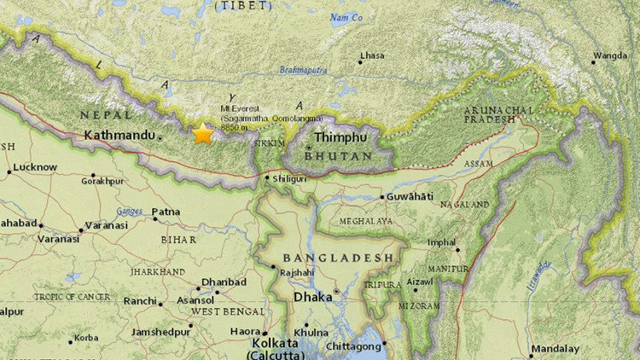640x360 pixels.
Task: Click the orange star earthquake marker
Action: (x=203, y=134)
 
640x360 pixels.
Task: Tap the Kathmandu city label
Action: (x=119, y=135)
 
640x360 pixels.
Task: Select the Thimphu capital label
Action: (x=340, y=136)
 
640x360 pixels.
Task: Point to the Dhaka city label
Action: (x=311, y=298)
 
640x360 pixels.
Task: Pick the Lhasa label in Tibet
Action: (x=372, y=55)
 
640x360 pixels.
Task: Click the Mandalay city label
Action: (x=555, y=349)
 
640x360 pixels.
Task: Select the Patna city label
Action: (x=166, y=212)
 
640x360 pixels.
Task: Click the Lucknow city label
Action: (x=35, y=167)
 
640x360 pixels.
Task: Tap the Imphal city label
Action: (x=441, y=242)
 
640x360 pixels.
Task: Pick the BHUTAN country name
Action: (x=339, y=157)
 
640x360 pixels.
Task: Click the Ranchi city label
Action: (x=139, y=301)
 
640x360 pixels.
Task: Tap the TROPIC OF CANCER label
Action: (x=73, y=297)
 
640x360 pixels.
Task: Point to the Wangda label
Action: (x=611, y=55)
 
